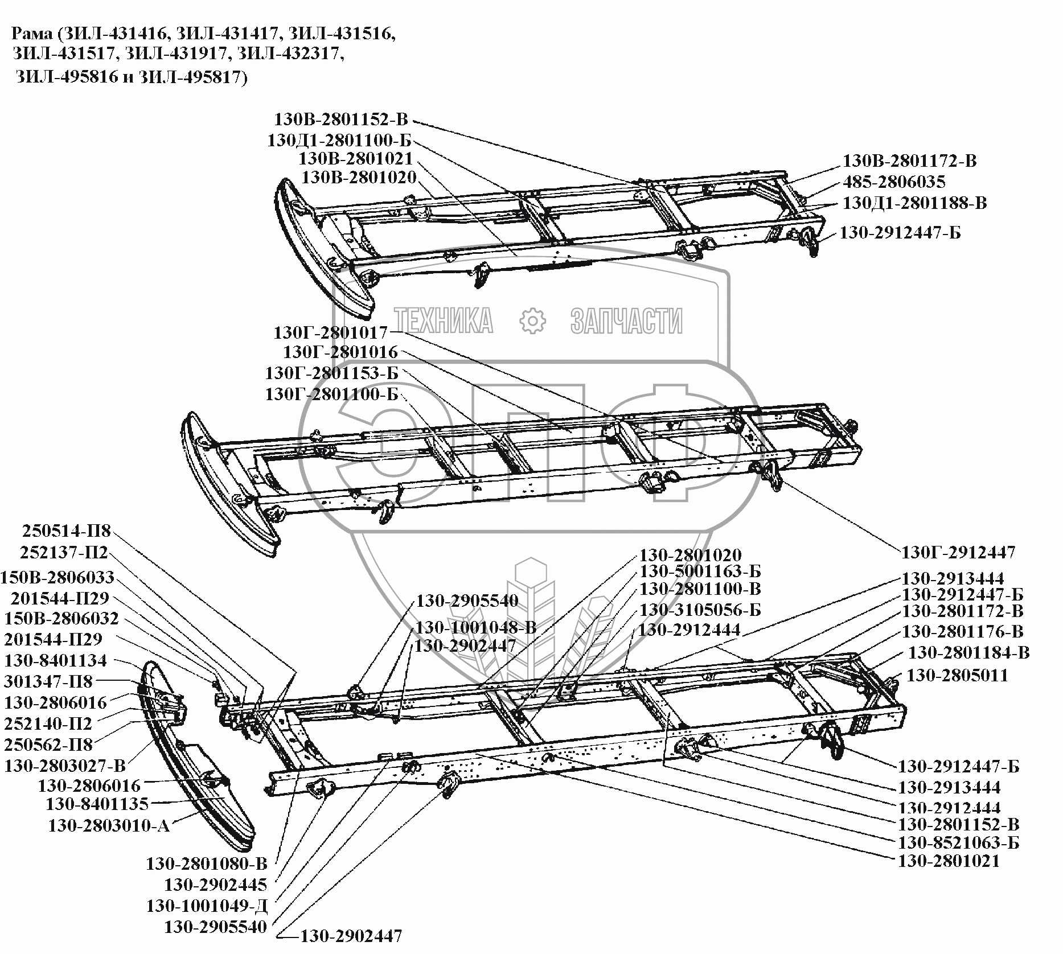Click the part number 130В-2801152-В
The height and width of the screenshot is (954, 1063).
341,120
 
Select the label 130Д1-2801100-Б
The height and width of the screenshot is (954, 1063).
339,140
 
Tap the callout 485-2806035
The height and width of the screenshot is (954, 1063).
894,182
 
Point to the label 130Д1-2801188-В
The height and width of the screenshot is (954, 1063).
914,203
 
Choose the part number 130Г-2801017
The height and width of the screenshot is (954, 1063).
331,332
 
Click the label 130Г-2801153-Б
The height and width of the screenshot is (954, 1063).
331,373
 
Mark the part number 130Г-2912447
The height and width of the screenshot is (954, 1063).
958,552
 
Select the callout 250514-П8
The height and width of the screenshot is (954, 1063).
67,531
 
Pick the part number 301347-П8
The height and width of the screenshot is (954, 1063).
48,681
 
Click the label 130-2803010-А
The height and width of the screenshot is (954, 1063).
109,825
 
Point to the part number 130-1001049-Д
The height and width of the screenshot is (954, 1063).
207,906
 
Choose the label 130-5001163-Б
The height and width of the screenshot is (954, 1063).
700,571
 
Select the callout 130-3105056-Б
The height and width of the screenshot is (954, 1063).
700,610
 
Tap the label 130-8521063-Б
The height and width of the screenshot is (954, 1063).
958,842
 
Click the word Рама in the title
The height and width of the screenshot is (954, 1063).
33,34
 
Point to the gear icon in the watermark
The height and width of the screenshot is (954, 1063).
532,320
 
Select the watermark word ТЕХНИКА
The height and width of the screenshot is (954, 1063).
444,320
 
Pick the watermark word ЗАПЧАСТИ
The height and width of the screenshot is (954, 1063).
626,320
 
